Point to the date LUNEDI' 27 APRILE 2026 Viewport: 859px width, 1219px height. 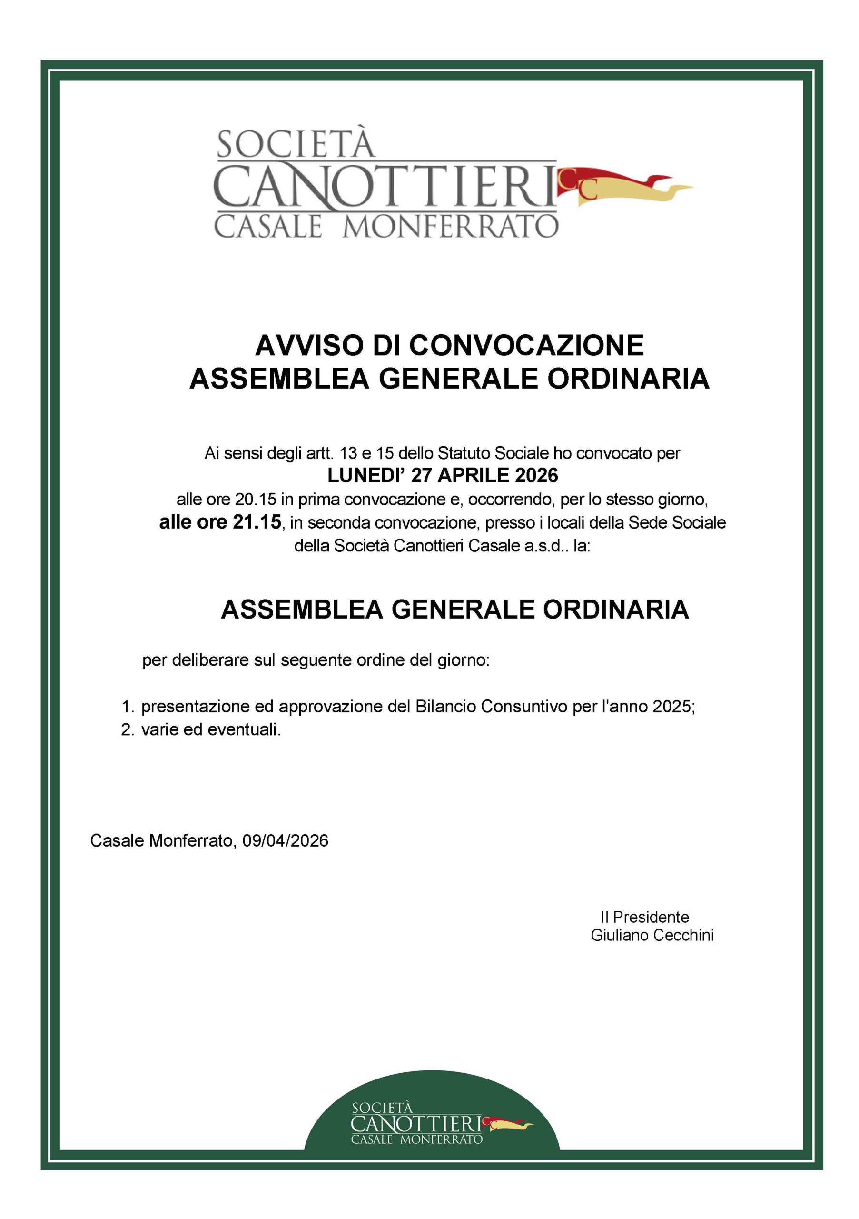pos(443,475)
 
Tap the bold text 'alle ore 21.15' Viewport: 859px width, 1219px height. pos(220,522)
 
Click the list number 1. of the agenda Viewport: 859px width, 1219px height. pos(128,707)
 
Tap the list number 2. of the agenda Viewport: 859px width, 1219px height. pos(128,730)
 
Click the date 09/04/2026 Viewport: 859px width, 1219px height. pos(286,840)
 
